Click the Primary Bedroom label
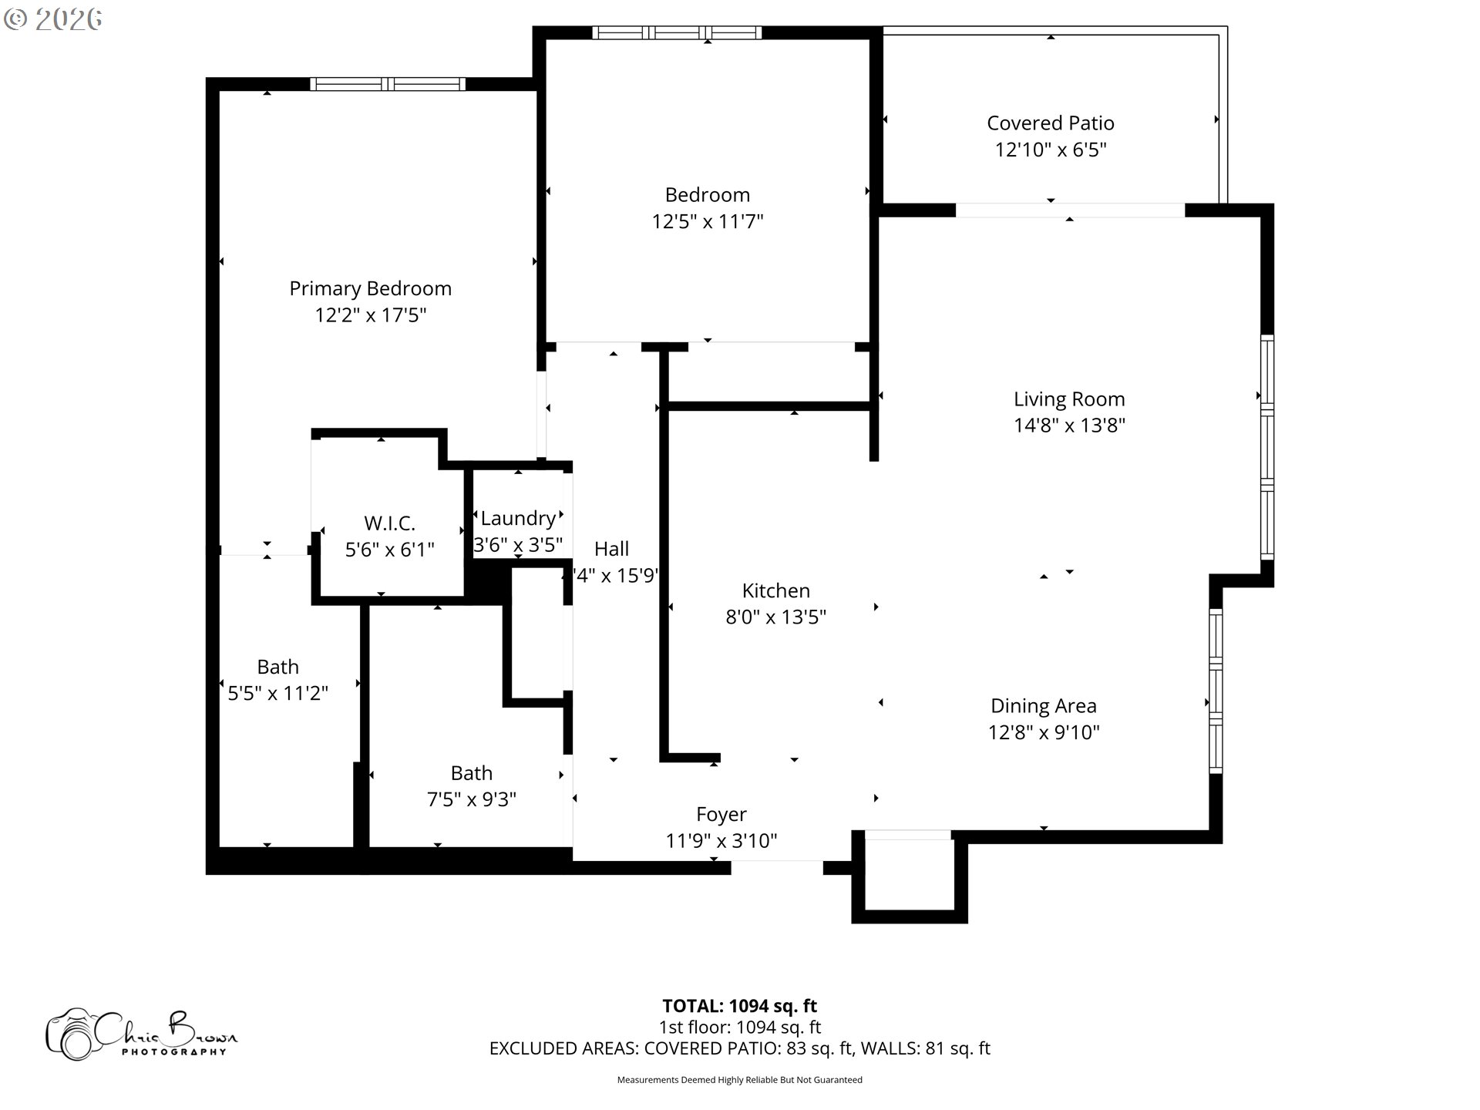tap(370, 288)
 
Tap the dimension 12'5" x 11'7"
tap(707, 222)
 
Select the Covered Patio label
tap(1050, 123)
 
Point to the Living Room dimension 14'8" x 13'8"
tap(1069, 425)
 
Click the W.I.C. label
tap(389, 523)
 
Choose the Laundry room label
tap(518, 518)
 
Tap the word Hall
tap(611, 549)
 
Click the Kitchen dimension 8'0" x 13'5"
tap(775, 617)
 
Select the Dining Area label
tap(1043, 706)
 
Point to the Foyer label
tap(721, 815)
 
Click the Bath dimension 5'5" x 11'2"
tap(277, 693)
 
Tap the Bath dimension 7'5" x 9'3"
tap(471, 799)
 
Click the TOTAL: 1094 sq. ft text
tap(739, 1006)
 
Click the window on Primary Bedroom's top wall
tap(388, 84)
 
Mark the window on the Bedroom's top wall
tap(676, 32)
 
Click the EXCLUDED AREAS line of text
tap(739, 1048)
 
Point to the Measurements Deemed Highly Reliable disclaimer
tap(739, 1080)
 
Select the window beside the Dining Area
tap(1216, 691)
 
